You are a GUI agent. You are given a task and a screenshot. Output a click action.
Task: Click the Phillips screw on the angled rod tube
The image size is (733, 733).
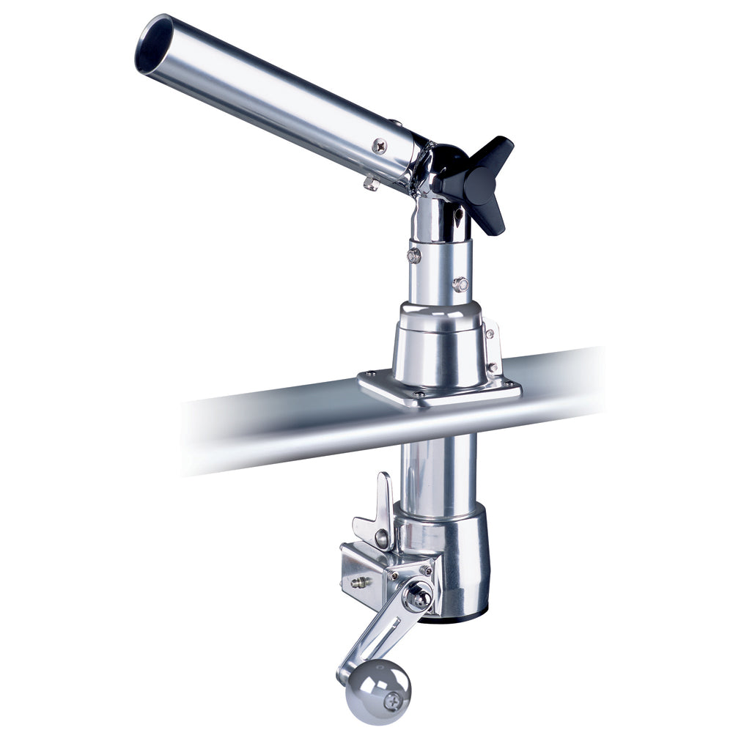(379, 145)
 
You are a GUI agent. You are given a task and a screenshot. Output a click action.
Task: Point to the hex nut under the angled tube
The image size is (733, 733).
(370, 183)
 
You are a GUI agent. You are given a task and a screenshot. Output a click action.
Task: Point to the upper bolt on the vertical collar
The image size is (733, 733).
(414, 255)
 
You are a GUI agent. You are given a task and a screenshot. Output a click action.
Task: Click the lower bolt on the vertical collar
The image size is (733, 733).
(460, 284)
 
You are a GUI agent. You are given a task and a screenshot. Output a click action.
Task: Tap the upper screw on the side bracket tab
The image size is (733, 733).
(489, 334)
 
